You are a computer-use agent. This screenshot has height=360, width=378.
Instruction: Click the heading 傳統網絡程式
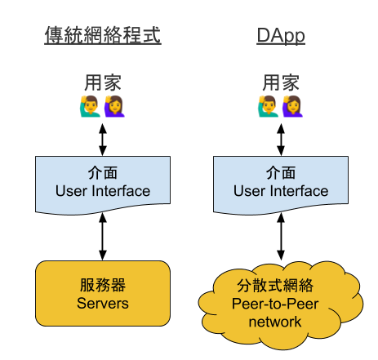click(103, 35)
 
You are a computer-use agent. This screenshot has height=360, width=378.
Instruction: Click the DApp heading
click(281, 35)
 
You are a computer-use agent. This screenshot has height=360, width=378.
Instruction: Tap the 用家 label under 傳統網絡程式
click(103, 82)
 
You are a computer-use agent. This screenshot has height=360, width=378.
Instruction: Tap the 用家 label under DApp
click(281, 82)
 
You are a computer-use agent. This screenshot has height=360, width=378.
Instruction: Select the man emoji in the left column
click(90, 106)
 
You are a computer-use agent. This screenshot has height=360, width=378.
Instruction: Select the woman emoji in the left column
click(114, 106)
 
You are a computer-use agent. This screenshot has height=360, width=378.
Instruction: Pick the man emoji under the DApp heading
click(269, 106)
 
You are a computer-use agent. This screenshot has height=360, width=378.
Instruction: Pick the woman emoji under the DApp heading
click(293, 106)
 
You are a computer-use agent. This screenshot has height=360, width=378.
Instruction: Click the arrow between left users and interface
click(103, 140)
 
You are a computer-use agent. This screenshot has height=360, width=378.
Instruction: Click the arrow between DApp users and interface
click(281, 140)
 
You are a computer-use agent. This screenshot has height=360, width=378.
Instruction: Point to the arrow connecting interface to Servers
click(103, 237)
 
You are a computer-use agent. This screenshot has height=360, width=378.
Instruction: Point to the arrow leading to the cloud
click(281, 237)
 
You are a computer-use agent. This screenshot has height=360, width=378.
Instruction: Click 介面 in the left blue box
click(103, 173)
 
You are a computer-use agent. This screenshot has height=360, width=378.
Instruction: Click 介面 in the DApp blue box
click(281, 173)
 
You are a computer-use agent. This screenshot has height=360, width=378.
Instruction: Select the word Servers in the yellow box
click(103, 304)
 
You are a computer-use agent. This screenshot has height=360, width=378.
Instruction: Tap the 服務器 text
click(103, 285)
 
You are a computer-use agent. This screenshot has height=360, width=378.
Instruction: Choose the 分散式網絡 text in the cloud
click(275, 286)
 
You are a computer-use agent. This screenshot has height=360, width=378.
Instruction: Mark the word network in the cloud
click(275, 322)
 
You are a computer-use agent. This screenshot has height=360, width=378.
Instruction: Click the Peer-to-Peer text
click(275, 304)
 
